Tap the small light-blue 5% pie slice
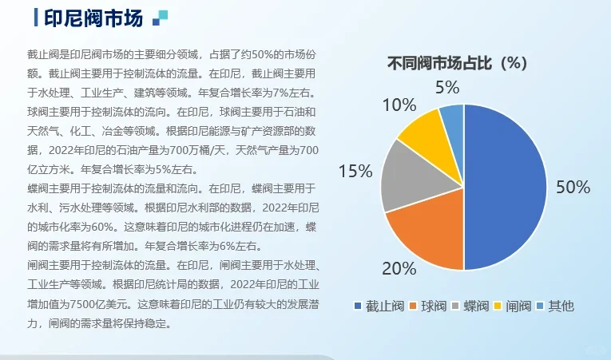tap(453, 118)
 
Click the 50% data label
tap(573, 188)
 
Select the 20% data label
tap(399, 267)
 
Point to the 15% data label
tap(355, 171)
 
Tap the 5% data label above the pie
tap(447, 87)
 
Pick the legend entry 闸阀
tap(515, 306)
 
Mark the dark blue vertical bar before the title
tap(38, 18)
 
